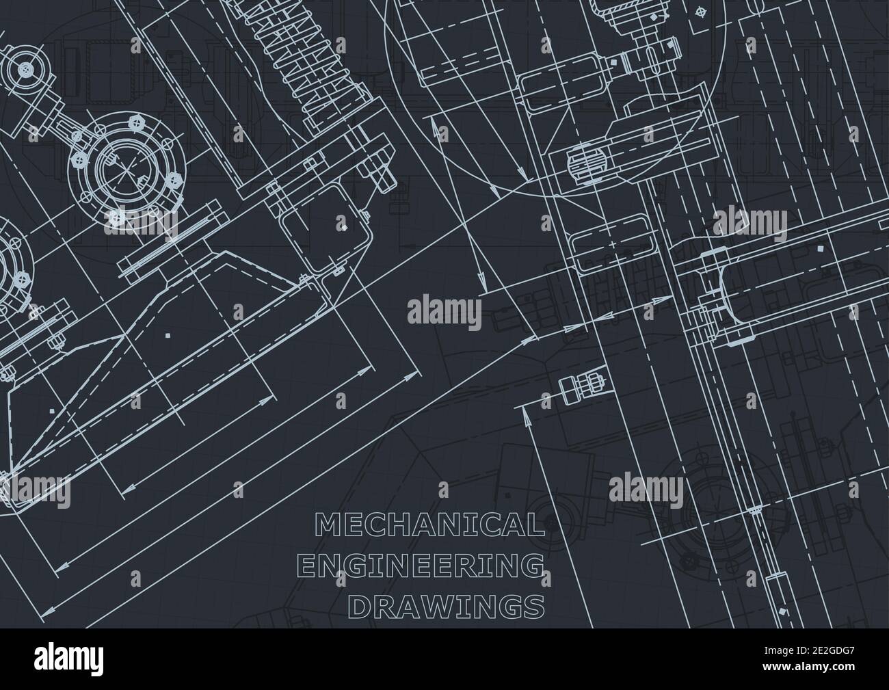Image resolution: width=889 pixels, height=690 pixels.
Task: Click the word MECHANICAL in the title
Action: [429, 525]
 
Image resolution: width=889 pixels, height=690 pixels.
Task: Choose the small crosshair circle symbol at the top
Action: [698, 12]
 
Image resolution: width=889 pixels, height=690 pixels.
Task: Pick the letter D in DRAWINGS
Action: [361, 606]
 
